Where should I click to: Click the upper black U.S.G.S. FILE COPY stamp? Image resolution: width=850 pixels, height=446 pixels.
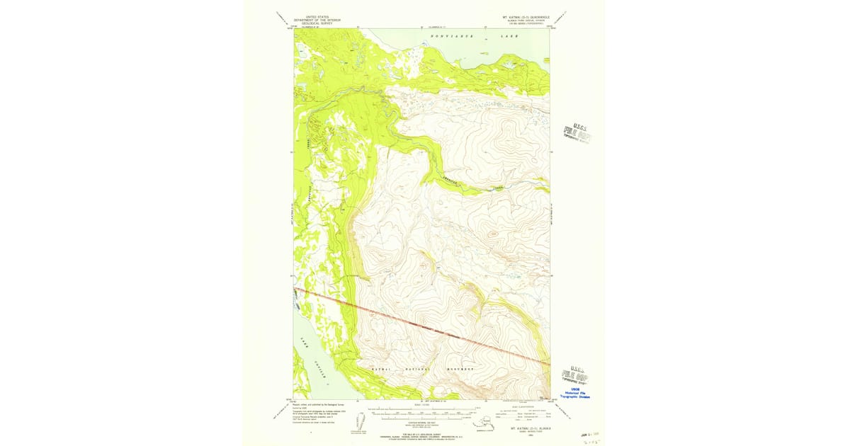[577, 132]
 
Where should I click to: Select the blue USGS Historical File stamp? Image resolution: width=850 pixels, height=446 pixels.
[575, 393]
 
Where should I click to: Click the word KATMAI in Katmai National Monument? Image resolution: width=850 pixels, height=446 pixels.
[381, 370]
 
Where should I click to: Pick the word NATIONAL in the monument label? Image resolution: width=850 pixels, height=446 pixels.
[418, 370]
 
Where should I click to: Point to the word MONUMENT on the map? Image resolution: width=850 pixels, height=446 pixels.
[459, 370]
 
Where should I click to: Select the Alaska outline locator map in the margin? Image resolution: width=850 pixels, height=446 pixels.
[483, 423]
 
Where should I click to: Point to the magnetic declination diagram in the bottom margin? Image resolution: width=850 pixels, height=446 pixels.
[363, 423]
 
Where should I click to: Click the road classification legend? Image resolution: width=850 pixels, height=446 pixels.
[524, 415]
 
